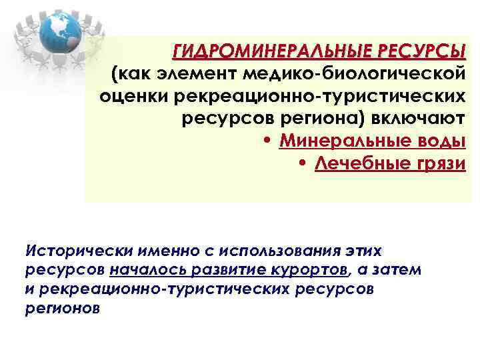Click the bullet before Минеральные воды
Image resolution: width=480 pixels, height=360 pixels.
click(x=267, y=142)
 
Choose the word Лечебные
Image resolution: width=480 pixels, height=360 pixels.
click(x=365, y=164)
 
